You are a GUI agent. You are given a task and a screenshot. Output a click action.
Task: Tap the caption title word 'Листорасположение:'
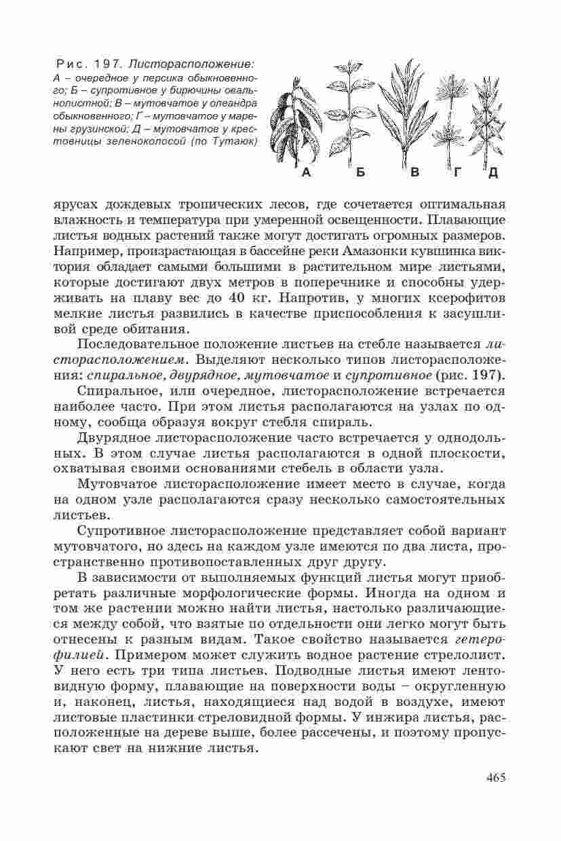click(192, 64)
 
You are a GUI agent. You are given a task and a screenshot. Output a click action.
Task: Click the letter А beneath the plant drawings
click(306, 173)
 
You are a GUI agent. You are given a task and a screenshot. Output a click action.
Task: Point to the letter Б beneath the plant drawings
click(361, 173)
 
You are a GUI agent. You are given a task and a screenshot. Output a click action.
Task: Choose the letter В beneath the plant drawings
click(415, 173)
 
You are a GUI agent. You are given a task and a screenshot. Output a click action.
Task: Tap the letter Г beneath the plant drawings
click(459, 173)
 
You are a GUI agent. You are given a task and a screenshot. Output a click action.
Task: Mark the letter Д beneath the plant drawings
click(492, 173)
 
